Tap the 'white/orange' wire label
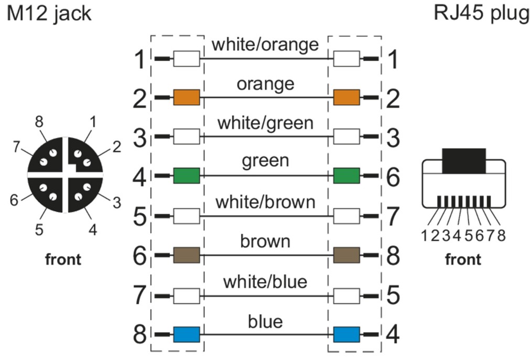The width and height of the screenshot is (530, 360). pos(265,45)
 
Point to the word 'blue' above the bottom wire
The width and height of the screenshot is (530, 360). pos(265,321)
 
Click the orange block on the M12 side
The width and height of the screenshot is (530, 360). pos(186,97)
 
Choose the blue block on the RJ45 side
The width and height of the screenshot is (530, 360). pos(346,334)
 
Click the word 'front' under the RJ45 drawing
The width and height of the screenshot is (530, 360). pos(463,259)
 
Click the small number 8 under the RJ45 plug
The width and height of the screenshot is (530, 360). pos(502,236)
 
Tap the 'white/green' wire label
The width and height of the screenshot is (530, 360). pos(265,124)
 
